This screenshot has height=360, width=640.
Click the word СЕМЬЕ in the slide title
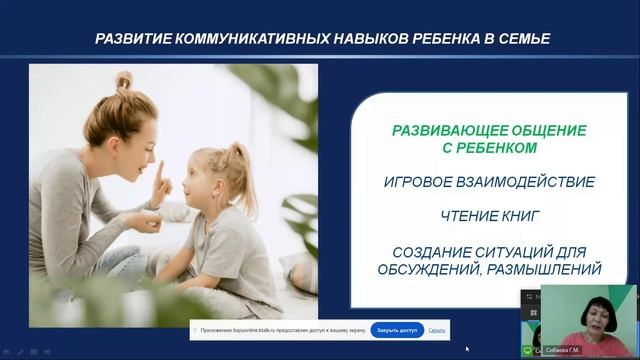tap(518, 39)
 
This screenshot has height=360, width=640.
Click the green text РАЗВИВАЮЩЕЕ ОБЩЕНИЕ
tap(489, 131)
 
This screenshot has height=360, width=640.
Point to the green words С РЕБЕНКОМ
tap(489, 148)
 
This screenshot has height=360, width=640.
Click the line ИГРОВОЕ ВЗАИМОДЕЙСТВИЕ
tap(489, 182)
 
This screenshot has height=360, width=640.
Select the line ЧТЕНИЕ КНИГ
tap(489, 216)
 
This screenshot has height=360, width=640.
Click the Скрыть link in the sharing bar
tap(437, 329)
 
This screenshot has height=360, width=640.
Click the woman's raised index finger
tap(157, 163)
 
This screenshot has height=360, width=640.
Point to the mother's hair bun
tap(123, 80)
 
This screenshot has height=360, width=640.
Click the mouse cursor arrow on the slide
tap(467, 349)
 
